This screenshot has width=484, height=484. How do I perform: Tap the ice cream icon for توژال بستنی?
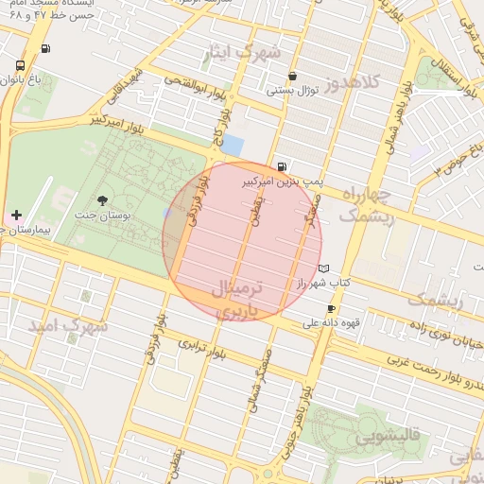pos(292,76)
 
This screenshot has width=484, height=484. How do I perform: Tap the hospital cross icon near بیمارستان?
pos(16,216)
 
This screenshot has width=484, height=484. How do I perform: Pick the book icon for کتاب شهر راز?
pos(325,268)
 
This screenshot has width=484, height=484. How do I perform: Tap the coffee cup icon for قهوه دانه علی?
pos(331,309)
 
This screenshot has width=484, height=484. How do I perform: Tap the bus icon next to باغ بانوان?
pos(21,66)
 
